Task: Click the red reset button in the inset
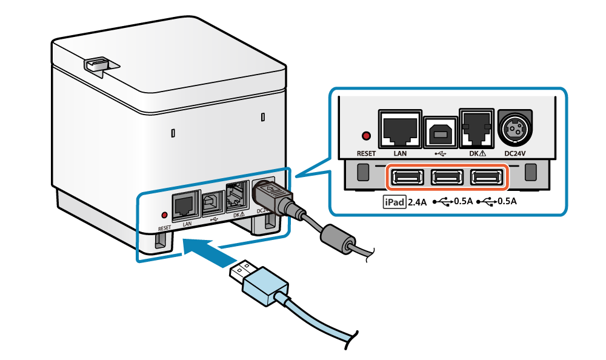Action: click(365, 135)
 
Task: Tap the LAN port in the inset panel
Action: click(400, 128)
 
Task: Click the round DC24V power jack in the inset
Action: click(514, 128)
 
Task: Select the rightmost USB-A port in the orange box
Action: click(487, 178)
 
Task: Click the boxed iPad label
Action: click(394, 202)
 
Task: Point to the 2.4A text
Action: click(418, 202)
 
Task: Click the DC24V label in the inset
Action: click(514, 153)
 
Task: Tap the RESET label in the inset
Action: click(366, 153)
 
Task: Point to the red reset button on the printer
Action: click(164, 215)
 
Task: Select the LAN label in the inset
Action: click(400, 153)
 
